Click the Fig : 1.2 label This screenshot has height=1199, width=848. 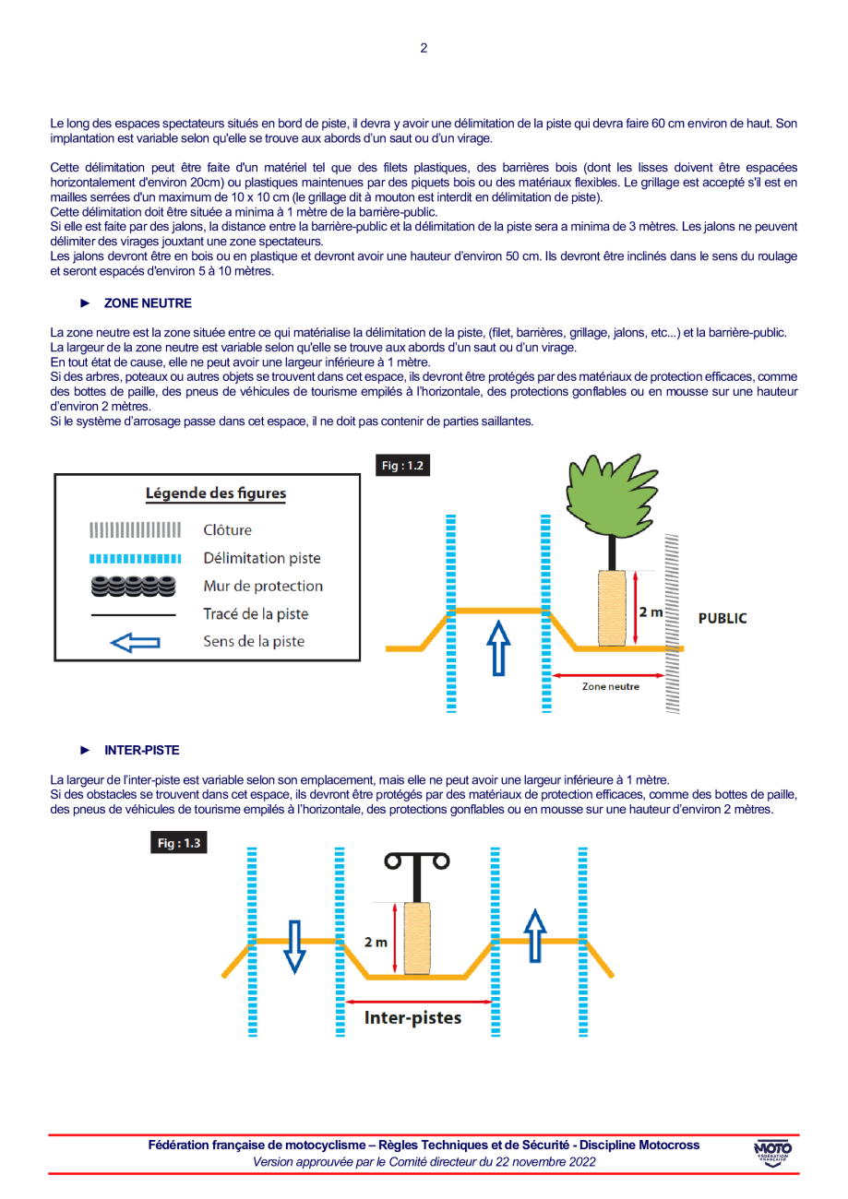pyautogui.click(x=403, y=466)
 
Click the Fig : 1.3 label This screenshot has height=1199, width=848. pyautogui.click(x=179, y=843)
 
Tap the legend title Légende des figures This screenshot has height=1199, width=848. pyautogui.click(x=216, y=493)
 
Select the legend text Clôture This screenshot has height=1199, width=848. pyautogui.click(x=227, y=530)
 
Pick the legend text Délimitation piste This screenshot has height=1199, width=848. pyautogui.click(x=262, y=558)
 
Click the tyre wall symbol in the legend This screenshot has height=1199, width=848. pyautogui.click(x=134, y=585)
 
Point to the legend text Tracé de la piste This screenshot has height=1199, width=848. pyautogui.click(x=256, y=613)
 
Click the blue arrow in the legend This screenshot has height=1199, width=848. pyautogui.click(x=135, y=642)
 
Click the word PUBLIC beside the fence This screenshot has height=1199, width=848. pyautogui.click(x=723, y=618)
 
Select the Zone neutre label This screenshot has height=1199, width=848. pyautogui.click(x=610, y=686)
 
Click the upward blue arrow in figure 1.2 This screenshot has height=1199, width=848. pyautogui.click(x=498, y=647)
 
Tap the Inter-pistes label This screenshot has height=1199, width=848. pyautogui.click(x=412, y=1018)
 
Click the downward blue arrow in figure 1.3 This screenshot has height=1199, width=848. pyautogui.click(x=293, y=945)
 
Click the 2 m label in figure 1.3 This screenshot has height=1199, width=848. pyautogui.click(x=376, y=942)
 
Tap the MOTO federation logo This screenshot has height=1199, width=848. pyautogui.click(x=772, y=1153)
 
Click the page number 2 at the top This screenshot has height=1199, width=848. pyautogui.click(x=424, y=48)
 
